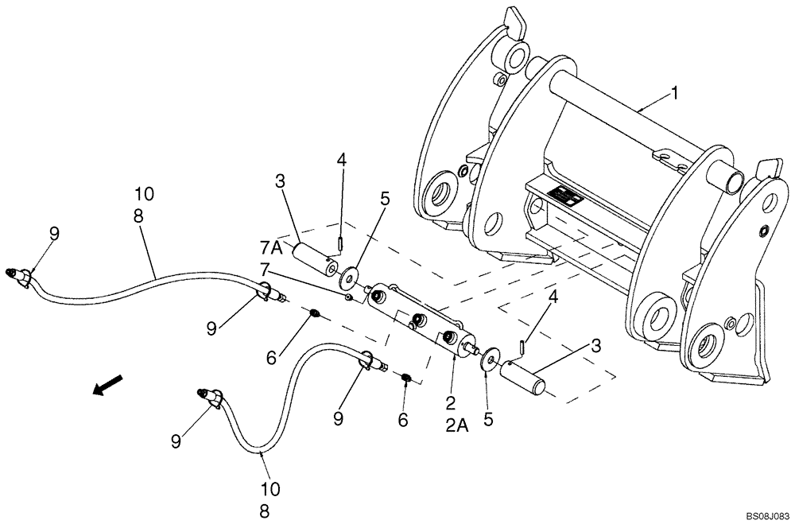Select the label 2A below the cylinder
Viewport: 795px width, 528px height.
click(456, 426)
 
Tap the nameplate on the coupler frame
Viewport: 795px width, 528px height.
click(563, 195)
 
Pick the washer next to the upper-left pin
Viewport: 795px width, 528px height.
click(347, 280)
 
